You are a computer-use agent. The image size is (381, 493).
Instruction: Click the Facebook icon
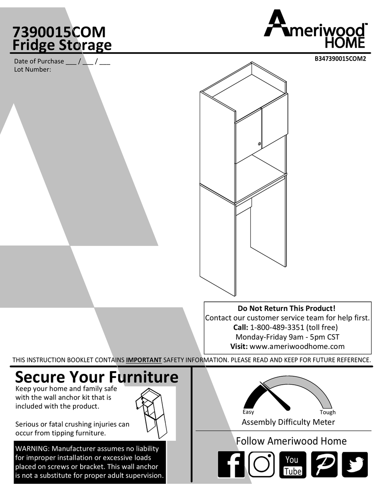click(x=231, y=465)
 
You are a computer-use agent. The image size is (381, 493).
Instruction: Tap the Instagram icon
click(x=261, y=465)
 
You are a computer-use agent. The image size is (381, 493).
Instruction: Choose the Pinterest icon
click(x=324, y=465)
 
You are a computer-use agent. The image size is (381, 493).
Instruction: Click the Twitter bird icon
click(x=355, y=465)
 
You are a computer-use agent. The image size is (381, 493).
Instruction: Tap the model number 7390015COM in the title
click(x=59, y=32)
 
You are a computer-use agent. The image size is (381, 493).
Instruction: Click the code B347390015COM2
click(x=340, y=59)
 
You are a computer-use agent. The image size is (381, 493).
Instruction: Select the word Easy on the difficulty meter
click(x=248, y=412)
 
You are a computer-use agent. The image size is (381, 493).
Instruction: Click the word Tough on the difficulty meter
click(x=328, y=412)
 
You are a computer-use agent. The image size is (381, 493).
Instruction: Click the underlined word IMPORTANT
click(x=144, y=360)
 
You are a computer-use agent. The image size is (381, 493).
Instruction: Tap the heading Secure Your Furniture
click(x=97, y=377)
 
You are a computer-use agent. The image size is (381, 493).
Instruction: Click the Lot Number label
click(x=32, y=69)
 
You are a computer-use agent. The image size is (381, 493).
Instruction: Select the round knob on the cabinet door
click(x=259, y=144)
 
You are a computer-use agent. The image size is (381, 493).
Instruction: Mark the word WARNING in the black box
click(x=32, y=449)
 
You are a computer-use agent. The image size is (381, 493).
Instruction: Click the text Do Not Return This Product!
click(x=286, y=308)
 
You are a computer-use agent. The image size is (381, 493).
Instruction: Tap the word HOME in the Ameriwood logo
click(x=345, y=43)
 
